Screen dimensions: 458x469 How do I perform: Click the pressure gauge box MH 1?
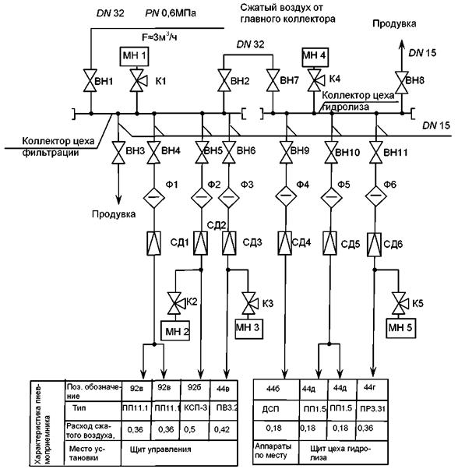(x=134, y=56)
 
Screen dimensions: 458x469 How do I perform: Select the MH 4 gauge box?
(x=315, y=57)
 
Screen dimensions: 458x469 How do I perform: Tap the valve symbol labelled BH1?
(x=90, y=80)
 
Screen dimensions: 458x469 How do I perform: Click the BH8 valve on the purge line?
(x=401, y=83)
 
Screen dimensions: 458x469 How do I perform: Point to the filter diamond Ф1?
(x=154, y=197)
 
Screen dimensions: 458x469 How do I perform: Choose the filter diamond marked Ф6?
(x=375, y=196)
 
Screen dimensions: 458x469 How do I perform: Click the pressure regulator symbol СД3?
(x=229, y=243)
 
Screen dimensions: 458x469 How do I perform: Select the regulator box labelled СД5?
(x=330, y=243)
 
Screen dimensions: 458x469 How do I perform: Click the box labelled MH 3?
(x=249, y=328)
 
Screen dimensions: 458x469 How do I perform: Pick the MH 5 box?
(x=400, y=328)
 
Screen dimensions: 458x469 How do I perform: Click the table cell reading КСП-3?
(x=196, y=409)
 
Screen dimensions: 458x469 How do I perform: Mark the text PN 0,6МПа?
(x=171, y=13)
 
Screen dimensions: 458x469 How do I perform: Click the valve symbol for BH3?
(x=118, y=153)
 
